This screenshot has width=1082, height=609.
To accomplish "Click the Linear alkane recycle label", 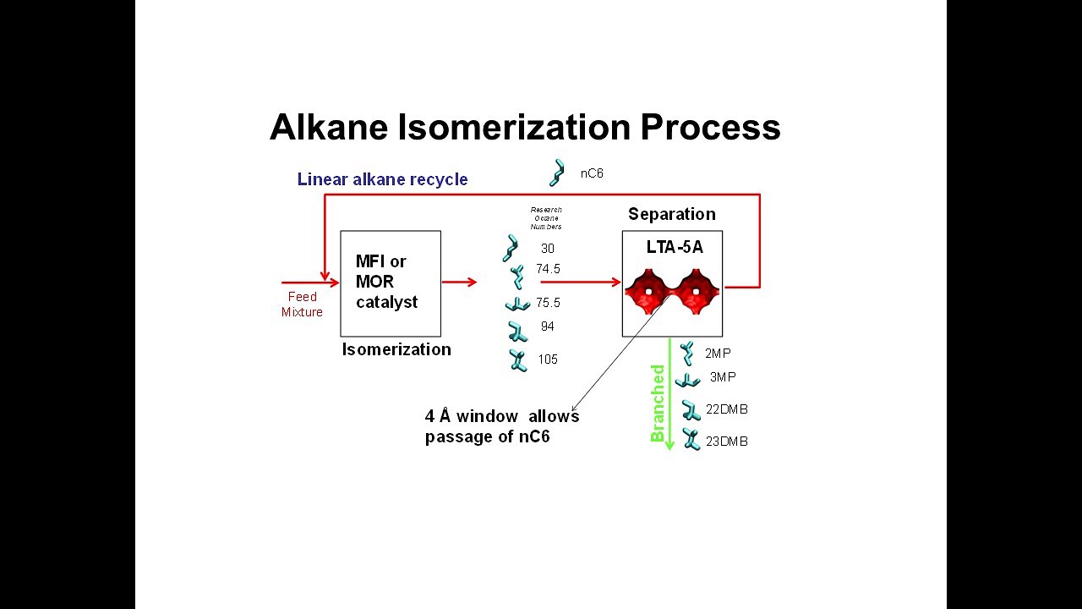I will [x=382, y=179].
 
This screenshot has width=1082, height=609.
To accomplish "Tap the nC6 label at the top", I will [x=592, y=173].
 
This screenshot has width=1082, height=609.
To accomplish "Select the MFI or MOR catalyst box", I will [x=391, y=283].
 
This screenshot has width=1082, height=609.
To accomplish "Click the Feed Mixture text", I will [x=302, y=304].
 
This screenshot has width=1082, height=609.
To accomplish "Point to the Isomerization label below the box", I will [x=396, y=349].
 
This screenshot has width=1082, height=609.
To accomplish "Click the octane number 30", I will [x=548, y=249].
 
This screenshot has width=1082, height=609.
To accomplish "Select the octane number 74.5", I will [x=548, y=269].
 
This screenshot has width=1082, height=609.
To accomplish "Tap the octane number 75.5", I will [x=548, y=303].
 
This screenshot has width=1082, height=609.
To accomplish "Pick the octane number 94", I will [x=548, y=326].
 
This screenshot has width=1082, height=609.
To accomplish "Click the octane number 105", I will [x=548, y=359].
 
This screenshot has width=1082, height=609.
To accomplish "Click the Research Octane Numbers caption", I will [x=546, y=218].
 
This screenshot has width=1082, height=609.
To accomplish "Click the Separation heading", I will [x=671, y=214].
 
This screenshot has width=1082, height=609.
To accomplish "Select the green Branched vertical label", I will [x=658, y=403].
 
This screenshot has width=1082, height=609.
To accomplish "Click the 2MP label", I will [x=718, y=354].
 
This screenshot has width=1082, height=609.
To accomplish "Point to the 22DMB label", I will [x=726, y=409].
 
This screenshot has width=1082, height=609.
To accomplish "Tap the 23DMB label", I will [x=726, y=442].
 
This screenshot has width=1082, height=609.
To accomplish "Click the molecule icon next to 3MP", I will [x=687, y=381].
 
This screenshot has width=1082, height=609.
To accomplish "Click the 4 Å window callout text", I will [x=501, y=427].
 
